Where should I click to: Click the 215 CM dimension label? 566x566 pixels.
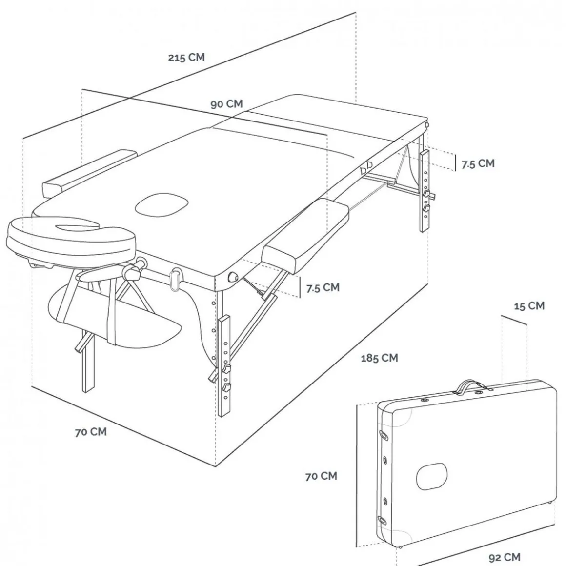(x=186, y=58)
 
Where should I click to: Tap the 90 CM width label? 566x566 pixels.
(x=227, y=104)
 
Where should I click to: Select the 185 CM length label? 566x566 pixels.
(x=380, y=358)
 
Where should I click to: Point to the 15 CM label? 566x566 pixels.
(x=529, y=306)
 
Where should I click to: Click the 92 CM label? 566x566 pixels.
(x=504, y=557)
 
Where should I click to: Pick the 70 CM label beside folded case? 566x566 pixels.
(x=321, y=476)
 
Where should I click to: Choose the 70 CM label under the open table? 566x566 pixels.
(x=91, y=432)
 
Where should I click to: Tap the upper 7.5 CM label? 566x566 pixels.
(x=478, y=164)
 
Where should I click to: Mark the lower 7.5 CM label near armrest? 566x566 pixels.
(x=323, y=288)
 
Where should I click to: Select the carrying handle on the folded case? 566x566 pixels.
(x=470, y=386)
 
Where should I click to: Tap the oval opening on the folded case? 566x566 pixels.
(x=432, y=476)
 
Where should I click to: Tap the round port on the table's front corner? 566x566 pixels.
(x=233, y=277)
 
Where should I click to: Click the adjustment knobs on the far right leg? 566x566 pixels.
(x=427, y=201)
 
